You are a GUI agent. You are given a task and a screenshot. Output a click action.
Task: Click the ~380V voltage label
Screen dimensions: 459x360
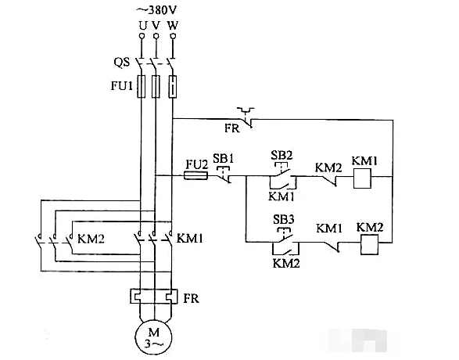point(157,10)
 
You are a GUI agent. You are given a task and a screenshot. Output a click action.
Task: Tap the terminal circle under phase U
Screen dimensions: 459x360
point(142,36)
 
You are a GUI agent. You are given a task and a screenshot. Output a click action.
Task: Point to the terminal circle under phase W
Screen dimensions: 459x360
point(173,36)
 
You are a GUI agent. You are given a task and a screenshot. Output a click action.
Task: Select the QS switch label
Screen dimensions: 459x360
point(121,63)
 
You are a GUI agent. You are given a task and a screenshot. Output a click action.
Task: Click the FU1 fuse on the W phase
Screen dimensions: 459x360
point(173,86)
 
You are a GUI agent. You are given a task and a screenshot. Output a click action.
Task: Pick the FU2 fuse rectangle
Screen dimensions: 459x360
point(195,176)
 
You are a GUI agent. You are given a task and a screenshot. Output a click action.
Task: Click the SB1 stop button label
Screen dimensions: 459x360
point(224,158)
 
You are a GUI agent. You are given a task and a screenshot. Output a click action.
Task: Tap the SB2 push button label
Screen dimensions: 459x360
point(281,155)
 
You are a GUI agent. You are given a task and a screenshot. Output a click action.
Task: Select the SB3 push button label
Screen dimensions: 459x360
point(284,219)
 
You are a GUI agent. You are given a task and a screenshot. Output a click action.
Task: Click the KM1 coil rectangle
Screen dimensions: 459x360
point(362,178)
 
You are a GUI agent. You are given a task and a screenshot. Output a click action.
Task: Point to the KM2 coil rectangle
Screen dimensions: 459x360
point(369,244)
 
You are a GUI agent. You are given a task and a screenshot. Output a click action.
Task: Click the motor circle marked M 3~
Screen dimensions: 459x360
point(154,337)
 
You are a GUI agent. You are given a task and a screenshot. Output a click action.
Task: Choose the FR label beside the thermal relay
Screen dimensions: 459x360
point(191,299)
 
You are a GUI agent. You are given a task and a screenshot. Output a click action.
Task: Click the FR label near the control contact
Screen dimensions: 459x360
point(231,128)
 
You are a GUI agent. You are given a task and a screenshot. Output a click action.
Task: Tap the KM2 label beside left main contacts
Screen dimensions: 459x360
point(91,239)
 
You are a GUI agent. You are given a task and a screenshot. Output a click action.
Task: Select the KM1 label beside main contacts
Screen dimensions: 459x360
point(190,239)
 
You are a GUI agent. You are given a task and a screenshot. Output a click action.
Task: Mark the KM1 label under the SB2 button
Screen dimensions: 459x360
point(281,196)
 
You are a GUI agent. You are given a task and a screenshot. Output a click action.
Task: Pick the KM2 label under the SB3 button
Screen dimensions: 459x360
point(286,263)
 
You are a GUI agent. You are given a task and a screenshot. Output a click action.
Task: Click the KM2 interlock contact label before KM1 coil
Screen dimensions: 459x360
point(328,167)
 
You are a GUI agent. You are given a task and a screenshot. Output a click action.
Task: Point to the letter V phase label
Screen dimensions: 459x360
point(156,26)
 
